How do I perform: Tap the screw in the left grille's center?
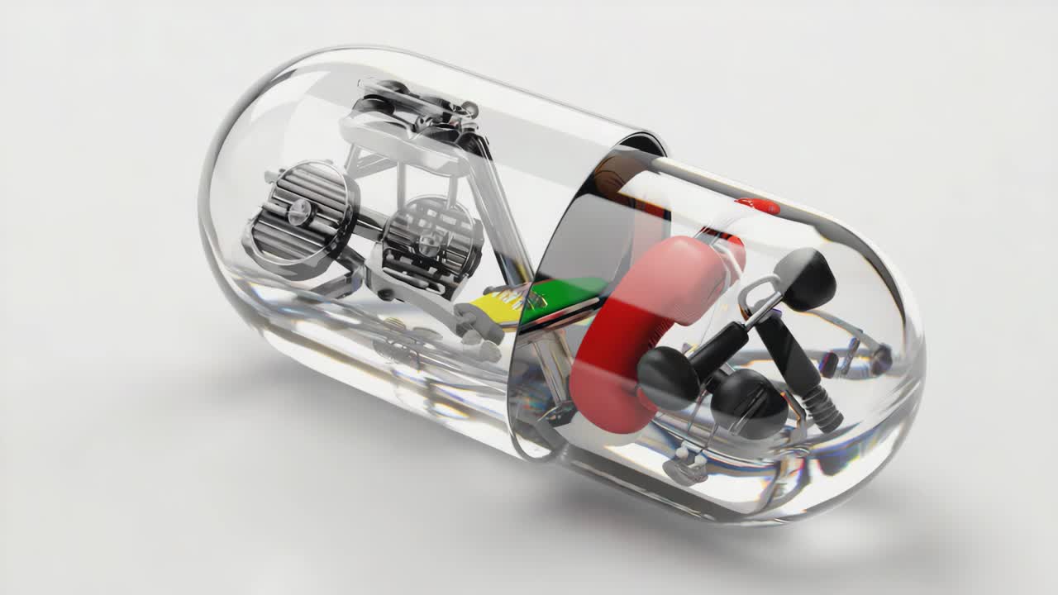(297, 212)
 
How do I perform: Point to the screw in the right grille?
(428, 241)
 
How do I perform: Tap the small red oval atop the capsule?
(758, 206)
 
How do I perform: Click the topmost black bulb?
(806, 278)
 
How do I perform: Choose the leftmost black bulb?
(668, 378)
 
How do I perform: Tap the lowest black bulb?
(749, 402)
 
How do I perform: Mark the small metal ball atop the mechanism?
(469, 108)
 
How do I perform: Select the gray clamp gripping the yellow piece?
(479, 322)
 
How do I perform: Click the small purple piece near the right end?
(829, 364)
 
